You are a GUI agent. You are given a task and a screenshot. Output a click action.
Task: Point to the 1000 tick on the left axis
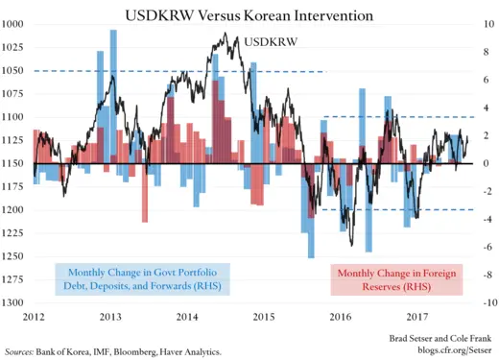tap(13, 24)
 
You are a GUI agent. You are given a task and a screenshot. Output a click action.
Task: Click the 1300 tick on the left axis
tap(13, 302)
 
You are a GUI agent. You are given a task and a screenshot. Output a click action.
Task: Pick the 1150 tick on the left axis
tap(13, 163)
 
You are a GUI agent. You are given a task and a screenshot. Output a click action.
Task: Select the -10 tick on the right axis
tap(487, 302)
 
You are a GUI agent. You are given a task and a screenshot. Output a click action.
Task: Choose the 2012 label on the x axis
tap(34, 316)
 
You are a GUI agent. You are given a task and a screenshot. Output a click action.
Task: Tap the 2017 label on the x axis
tap(416, 316)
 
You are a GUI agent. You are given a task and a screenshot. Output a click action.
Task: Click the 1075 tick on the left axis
tap(13, 94)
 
